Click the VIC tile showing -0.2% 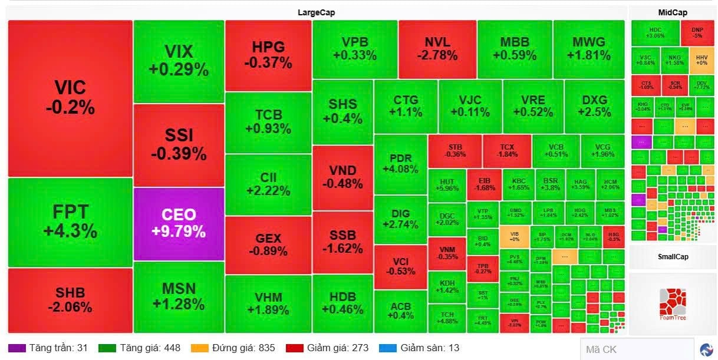point(70,98)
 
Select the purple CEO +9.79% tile point(179,223)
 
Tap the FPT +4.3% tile point(70,222)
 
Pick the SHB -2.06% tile point(70,300)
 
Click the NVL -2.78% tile point(437,49)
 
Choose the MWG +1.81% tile point(588,49)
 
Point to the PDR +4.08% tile point(400,164)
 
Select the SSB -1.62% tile point(342,242)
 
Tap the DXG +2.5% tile point(594,106)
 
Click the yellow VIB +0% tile point(513,237)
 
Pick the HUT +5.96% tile point(447,184)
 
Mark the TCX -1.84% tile point(507,150)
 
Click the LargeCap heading point(316,12)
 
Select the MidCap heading point(673,12)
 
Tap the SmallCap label point(673,257)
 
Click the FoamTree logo point(673,304)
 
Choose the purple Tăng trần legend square point(17,348)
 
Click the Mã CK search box point(637,349)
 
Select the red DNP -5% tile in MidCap point(697,32)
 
